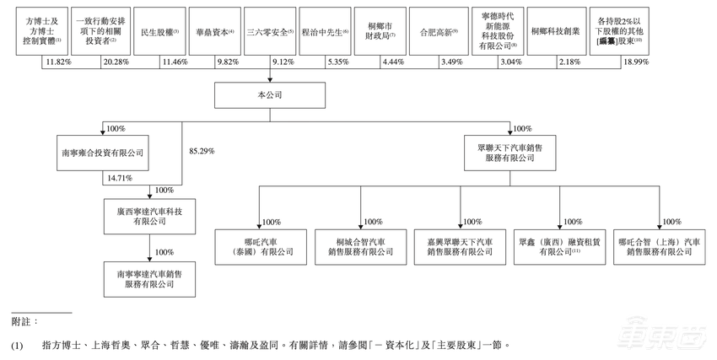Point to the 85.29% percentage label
point(202,151)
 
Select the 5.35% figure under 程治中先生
point(337,62)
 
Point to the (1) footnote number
point(17,346)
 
